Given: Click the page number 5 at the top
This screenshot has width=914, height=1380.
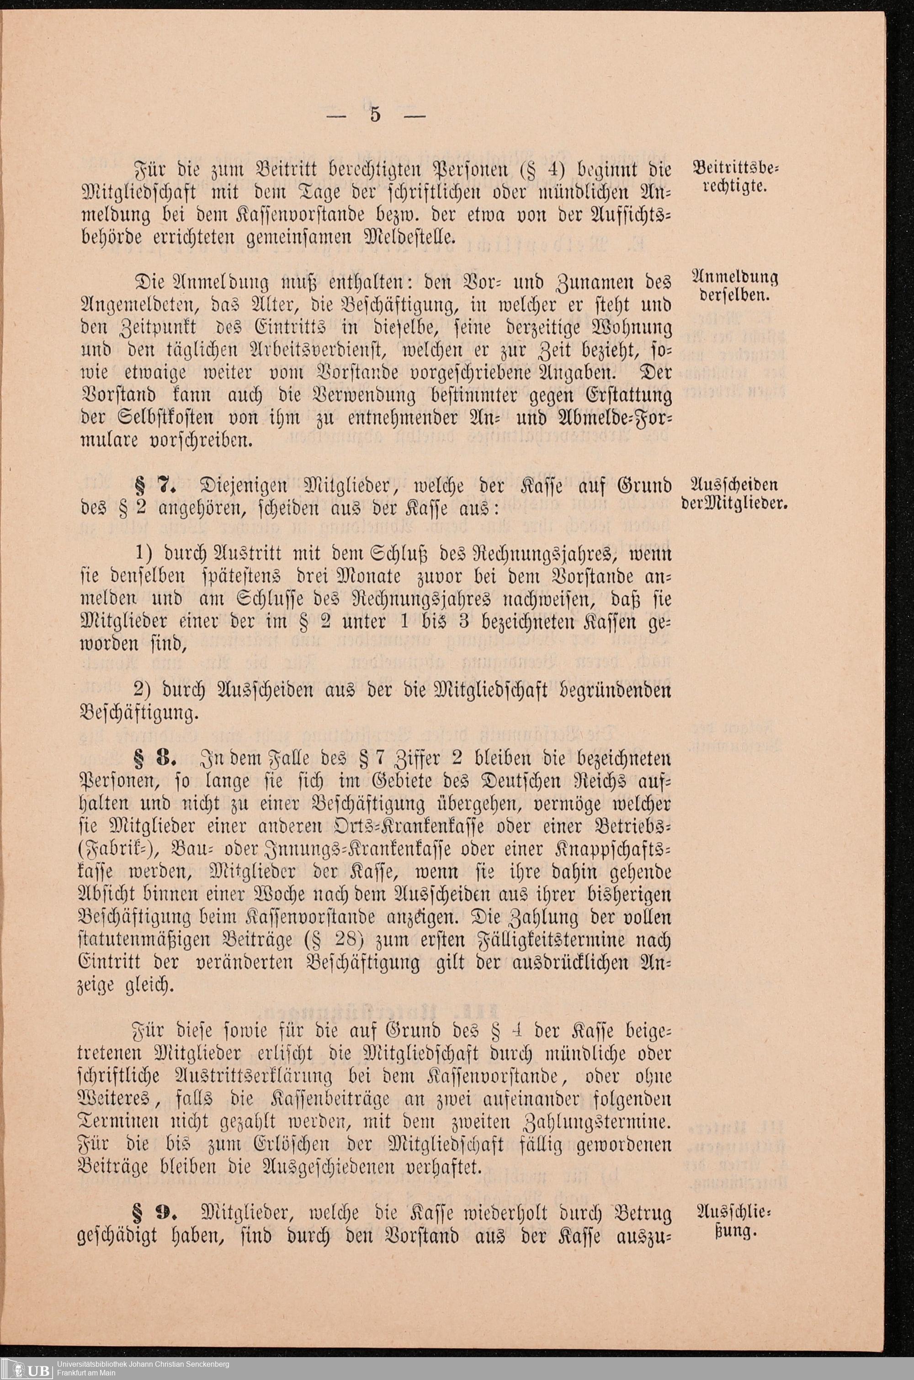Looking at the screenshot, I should point(374,114).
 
